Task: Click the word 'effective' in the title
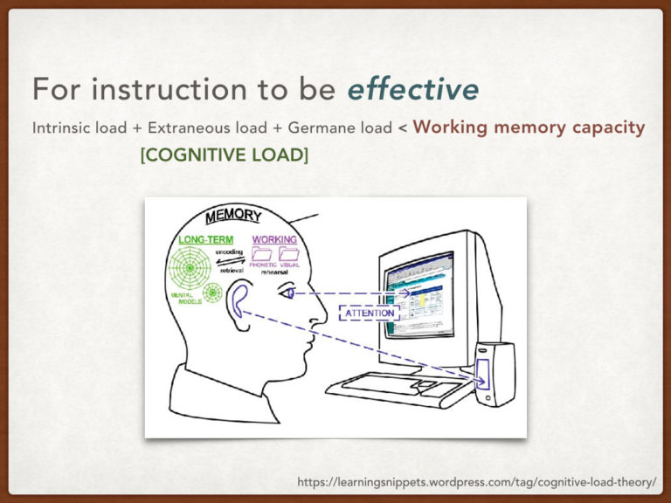click(412, 89)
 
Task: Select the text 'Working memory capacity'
click(529, 127)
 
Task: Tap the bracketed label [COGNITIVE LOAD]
click(224, 155)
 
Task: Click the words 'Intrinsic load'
click(80, 127)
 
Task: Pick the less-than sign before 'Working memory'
click(403, 128)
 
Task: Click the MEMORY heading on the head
click(233, 214)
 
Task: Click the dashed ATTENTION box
click(370, 313)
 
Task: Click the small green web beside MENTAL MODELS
click(212, 293)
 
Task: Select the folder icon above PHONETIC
click(263, 254)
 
